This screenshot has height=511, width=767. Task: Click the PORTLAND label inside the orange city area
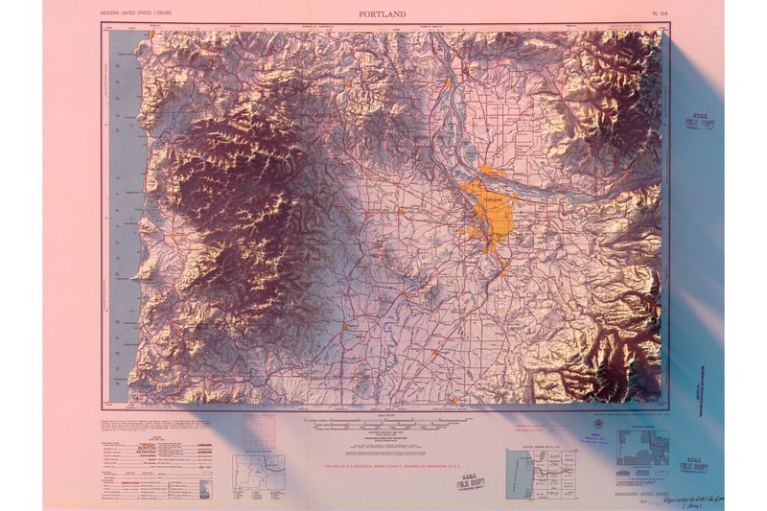493,198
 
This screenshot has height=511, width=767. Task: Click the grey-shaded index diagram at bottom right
640,446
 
